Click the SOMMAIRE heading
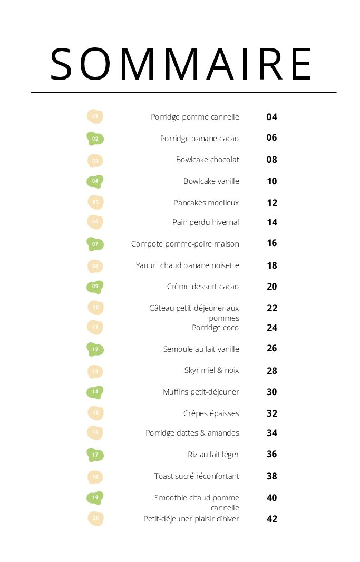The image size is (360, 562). tap(181, 64)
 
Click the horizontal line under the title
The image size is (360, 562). tap(183, 93)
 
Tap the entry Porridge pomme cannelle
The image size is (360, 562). tap(195, 117)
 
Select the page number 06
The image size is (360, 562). tap(271, 138)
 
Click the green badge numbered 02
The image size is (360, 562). tap(95, 139)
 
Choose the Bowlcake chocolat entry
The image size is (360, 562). tap(208, 160)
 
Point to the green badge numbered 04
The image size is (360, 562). tap(95, 181)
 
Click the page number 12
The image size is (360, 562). tap(271, 203)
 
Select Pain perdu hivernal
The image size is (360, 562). tap(206, 222)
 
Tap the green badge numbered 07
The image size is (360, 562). tap(95, 244)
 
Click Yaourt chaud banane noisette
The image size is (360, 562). tap(187, 265)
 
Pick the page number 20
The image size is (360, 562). tap(271, 287)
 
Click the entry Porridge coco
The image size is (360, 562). tap(215, 328)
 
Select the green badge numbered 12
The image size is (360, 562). tap(95, 349)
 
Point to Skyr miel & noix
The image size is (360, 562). tap(211, 370)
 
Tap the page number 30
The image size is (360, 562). tap(271, 392)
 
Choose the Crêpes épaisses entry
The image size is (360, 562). tap(211, 413)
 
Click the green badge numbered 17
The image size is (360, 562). tap(95, 455)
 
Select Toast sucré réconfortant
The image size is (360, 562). tap(197, 476)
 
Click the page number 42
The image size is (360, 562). tap(271, 519)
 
